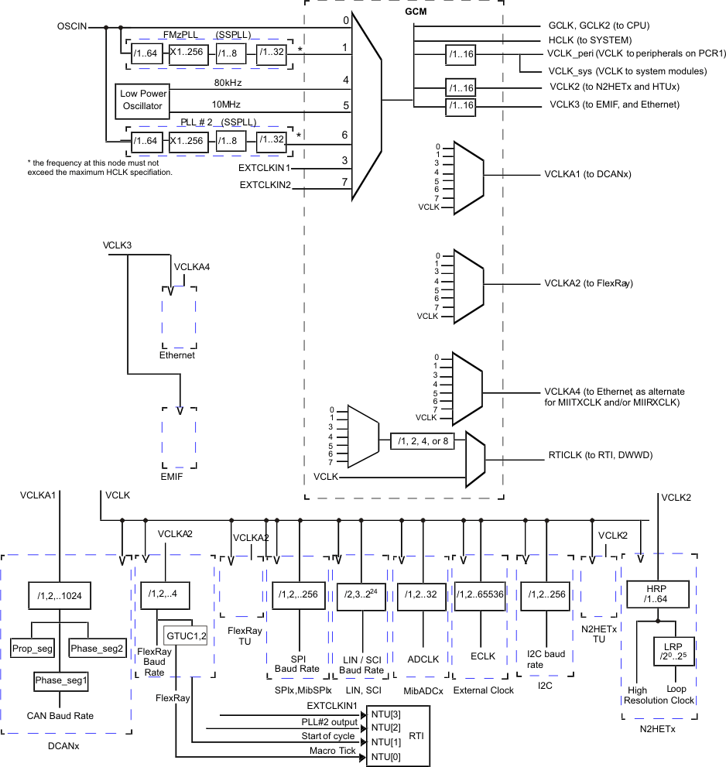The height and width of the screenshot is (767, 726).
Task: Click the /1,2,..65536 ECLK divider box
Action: tap(482, 595)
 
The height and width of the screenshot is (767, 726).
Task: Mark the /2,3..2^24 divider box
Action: tap(362, 595)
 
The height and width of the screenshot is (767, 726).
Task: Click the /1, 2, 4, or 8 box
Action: tap(423, 440)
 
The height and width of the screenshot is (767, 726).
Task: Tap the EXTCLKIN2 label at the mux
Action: tap(265, 184)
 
